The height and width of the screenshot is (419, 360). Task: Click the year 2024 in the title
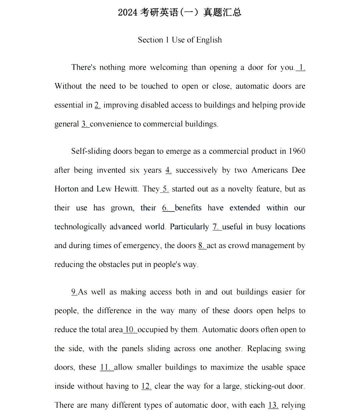pyautogui.click(x=127, y=13)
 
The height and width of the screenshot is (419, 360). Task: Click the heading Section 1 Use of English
pyautogui.click(x=180, y=40)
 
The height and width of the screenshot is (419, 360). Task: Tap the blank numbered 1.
pyautogui.click(x=301, y=67)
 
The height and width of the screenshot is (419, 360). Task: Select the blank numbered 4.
pyautogui.click(x=168, y=170)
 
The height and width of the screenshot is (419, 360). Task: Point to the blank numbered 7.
pyautogui.click(x=217, y=227)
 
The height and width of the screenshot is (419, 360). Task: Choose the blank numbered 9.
pyautogui.click(x=74, y=292)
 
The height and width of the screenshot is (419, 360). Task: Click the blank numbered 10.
pyautogui.click(x=130, y=330)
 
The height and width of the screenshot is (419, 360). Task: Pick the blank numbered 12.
pyautogui.click(x=146, y=386)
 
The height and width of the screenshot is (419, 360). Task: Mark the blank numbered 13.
pyautogui.click(x=273, y=405)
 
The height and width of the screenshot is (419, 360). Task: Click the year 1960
pyautogui.click(x=297, y=151)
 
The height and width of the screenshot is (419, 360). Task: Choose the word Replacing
pyautogui.click(x=264, y=349)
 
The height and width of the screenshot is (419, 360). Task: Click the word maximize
pyautogui.click(x=227, y=367)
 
